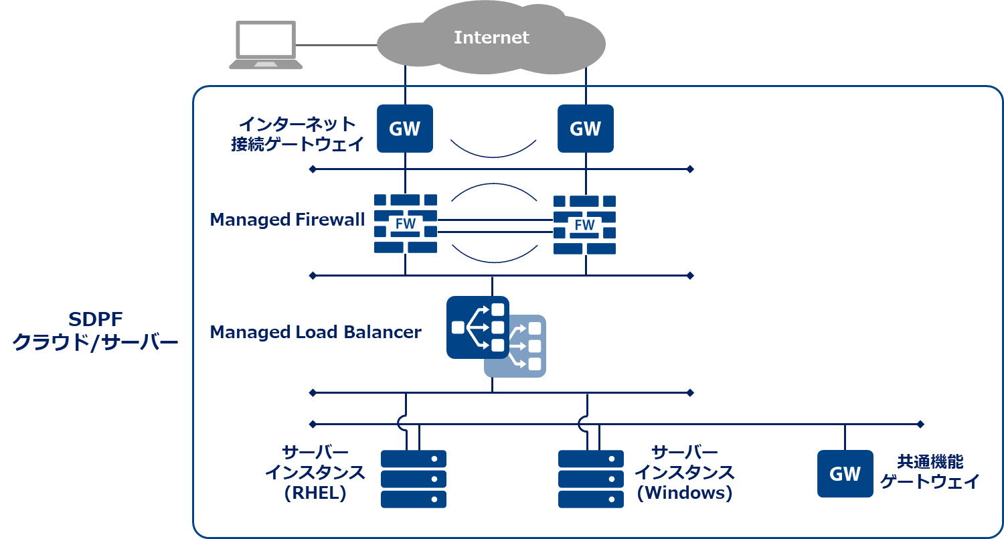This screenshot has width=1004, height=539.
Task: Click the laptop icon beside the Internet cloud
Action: point(266,45)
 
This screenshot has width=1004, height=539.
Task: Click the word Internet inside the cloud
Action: point(491,37)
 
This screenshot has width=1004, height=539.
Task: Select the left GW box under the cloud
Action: point(405,129)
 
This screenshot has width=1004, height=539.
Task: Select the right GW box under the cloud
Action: point(586,129)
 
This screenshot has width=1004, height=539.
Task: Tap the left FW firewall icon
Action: point(406,224)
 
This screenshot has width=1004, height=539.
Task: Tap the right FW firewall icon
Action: point(584,224)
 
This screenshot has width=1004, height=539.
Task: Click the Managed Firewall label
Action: point(287,220)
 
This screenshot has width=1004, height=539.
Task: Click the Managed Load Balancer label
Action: point(315,332)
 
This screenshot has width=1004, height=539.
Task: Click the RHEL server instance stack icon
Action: point(414,479)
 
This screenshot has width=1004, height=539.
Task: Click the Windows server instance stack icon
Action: point(591,479)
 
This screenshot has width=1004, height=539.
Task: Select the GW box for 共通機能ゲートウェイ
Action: point(845,473)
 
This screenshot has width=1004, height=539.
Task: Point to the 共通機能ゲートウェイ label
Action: point(930,471)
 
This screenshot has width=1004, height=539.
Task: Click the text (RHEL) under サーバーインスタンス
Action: point(315,493)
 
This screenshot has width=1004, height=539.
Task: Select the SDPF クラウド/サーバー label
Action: point(96,331)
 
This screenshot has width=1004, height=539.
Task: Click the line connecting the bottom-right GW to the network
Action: point(845,437)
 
